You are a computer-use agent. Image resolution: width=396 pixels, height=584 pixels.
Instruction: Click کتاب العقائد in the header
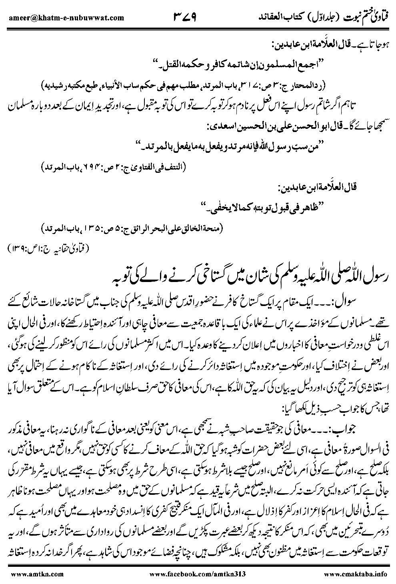pyautogui.click(x=280, y=17)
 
